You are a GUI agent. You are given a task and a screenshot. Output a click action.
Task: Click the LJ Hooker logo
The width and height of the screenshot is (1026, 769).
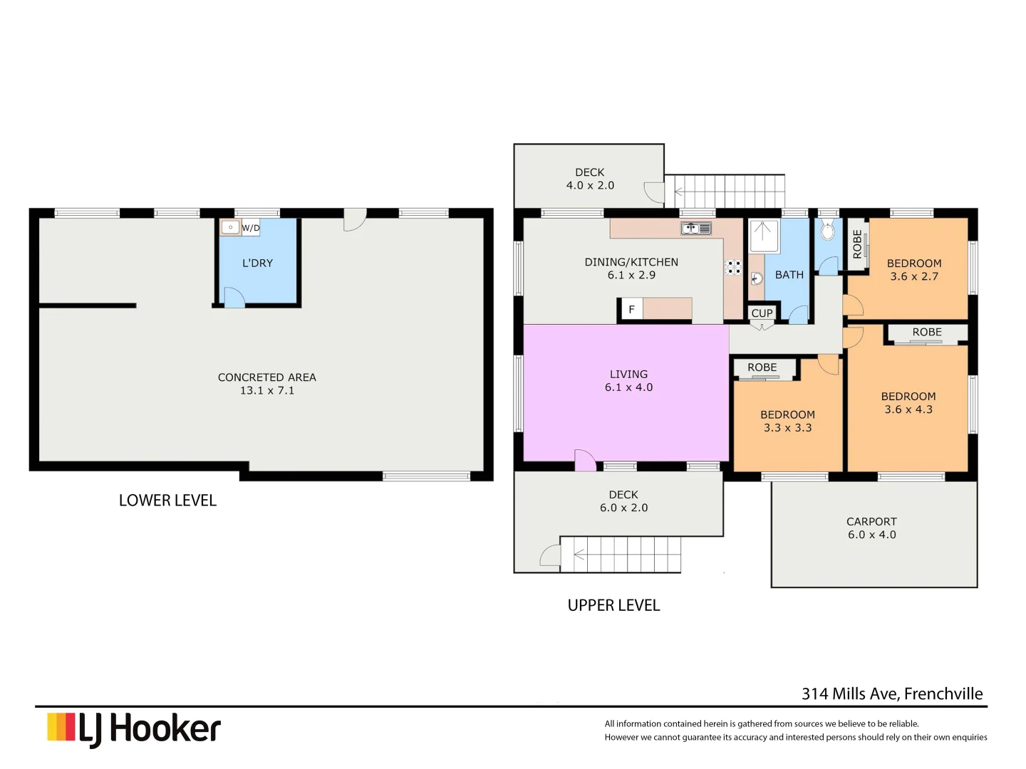pos(134,729)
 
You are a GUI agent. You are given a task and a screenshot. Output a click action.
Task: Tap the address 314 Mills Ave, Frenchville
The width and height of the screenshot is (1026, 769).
pos(892,694)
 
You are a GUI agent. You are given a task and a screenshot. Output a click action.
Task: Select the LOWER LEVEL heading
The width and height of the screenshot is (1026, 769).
pos(167,501)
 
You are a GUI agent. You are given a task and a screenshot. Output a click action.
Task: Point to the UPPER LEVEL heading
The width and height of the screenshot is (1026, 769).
pos(613,605)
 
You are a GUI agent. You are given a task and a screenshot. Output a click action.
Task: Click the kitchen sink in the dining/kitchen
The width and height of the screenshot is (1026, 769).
pos(695,229)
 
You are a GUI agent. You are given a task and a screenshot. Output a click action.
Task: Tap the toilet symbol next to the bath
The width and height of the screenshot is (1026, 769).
pos(827,231)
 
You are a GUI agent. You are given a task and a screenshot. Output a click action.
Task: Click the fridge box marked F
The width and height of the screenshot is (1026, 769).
pos(631,310)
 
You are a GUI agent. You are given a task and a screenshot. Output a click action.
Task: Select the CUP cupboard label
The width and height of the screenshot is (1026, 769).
pos(762,313)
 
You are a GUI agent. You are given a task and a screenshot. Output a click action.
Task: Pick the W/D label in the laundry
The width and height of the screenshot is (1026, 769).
pos(251,228)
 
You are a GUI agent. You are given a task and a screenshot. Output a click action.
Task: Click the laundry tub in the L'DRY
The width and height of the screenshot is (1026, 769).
pos(230,228)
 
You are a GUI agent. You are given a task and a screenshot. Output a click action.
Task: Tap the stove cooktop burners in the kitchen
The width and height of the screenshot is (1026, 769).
pos(733,268)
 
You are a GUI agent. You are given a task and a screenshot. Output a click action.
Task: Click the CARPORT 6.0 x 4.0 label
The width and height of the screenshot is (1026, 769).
pos(871,528)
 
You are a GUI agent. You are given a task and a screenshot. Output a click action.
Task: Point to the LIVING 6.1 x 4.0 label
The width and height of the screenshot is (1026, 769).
pos(628,381)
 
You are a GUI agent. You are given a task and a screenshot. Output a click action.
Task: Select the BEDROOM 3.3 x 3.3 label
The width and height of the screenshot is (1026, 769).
pos(787,421)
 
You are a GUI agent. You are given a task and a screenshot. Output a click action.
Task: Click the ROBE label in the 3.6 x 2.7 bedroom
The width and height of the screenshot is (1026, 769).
pos(857,244)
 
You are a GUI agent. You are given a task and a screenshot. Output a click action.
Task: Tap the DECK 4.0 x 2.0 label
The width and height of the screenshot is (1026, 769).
pos(590,179)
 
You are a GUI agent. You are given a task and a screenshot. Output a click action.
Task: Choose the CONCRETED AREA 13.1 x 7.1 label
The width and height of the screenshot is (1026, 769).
pos(266,384)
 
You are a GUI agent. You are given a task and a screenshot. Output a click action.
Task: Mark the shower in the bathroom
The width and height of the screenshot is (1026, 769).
pos(764,236)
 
